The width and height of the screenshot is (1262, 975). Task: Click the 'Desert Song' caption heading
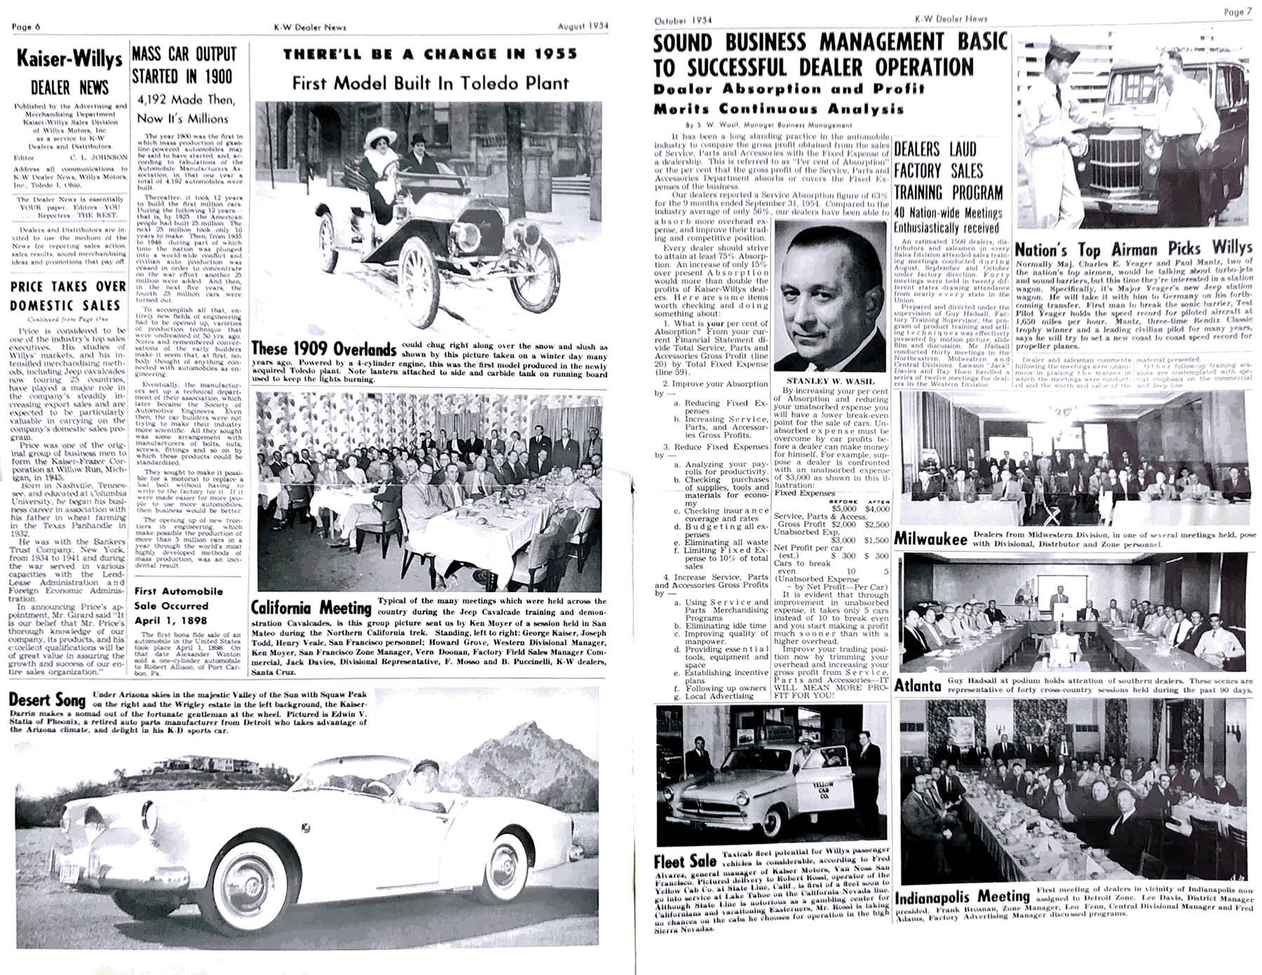[x=47, y=700]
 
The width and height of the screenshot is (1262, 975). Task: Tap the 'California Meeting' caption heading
[x=311, y=608]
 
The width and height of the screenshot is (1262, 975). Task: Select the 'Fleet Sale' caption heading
[x=684, y=861]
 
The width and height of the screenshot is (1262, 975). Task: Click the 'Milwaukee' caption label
[x=930, y=539]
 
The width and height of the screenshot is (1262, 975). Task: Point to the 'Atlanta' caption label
[x=918, y=685]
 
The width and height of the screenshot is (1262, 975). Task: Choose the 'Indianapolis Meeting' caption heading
[x=962, y=897]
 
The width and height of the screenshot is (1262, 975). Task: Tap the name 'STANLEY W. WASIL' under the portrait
[x=829, y=381]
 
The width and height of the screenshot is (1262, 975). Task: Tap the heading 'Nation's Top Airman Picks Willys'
[x=1132, y=250]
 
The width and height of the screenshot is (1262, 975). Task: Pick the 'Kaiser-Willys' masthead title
[x=69, y=59]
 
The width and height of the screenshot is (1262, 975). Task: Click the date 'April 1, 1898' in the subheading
[x=170, y=620]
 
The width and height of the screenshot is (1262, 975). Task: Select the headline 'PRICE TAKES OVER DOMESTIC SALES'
[x=68, y=296]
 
